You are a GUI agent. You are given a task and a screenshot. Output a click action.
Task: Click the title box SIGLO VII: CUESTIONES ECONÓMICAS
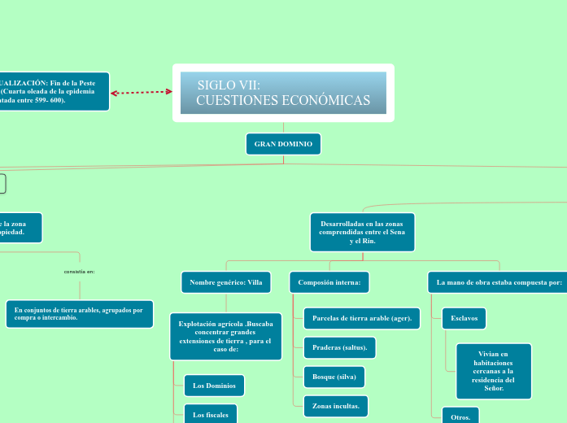(x=283, y=93)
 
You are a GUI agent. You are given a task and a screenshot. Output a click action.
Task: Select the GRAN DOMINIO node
(x=283, y=144)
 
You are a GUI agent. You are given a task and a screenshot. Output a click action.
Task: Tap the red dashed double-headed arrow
(x=142, y=92)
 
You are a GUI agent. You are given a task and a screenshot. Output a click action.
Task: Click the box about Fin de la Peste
(x=54, y=91)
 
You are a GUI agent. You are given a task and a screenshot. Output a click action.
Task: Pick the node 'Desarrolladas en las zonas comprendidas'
(x=362, y=232)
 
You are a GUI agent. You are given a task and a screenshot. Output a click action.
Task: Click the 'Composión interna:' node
(x=329, y=282)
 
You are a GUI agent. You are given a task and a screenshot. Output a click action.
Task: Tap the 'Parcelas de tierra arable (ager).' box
(x=361, y=318)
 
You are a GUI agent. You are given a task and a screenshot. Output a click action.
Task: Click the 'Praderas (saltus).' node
(x=339, y=347)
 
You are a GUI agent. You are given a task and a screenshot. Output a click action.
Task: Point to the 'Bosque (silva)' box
(x=334, y=377)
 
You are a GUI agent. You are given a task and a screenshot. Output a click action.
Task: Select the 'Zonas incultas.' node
(x=335, y=404)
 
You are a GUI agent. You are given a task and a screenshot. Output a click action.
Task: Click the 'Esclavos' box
(x=464, y=318)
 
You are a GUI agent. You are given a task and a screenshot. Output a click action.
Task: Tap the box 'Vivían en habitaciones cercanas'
(x=494, y=371)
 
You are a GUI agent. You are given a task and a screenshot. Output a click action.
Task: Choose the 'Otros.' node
(x=460, y=416)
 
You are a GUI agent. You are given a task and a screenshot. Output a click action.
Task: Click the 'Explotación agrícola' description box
(x=225, y=336)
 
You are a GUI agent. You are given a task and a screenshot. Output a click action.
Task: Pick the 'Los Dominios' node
(x=214, y=385)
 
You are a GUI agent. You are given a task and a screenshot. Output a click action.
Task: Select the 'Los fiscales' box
(x=210, y=414)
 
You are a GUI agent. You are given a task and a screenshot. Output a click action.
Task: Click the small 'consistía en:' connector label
(x=80, y=272)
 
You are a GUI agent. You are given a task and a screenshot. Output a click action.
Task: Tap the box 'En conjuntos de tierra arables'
(x=79, y=314)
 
